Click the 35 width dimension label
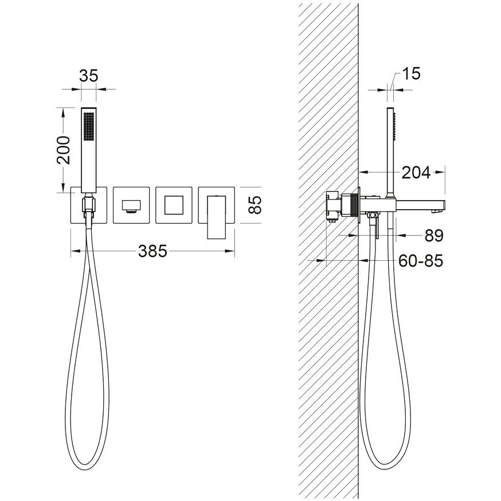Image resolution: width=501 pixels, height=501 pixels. tap(88, 76)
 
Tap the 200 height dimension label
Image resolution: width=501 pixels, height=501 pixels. tap(64, 150)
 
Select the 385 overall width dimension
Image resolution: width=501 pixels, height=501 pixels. tap(152, 251)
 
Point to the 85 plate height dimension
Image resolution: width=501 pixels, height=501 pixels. tap(255, 205)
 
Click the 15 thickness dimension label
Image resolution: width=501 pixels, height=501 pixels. tap(411, 73)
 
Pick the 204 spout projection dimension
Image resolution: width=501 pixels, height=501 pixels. tap(416, 173)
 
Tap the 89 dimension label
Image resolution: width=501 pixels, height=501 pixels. tap(434, 236)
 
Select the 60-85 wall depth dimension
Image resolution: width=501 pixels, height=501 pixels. tap(421, 261)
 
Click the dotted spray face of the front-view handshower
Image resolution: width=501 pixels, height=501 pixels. tap(89, 126)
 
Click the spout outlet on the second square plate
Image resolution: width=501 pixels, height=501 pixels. tap(131, 206)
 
